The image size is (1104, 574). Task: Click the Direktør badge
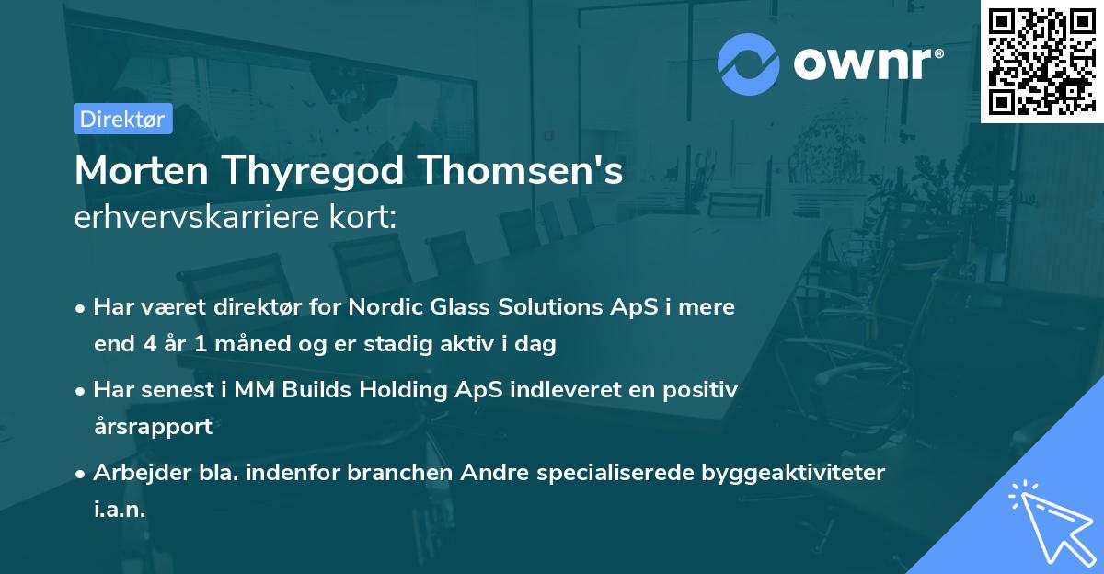122,119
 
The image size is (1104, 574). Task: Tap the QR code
1041,62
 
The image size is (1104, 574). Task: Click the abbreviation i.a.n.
120,510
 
